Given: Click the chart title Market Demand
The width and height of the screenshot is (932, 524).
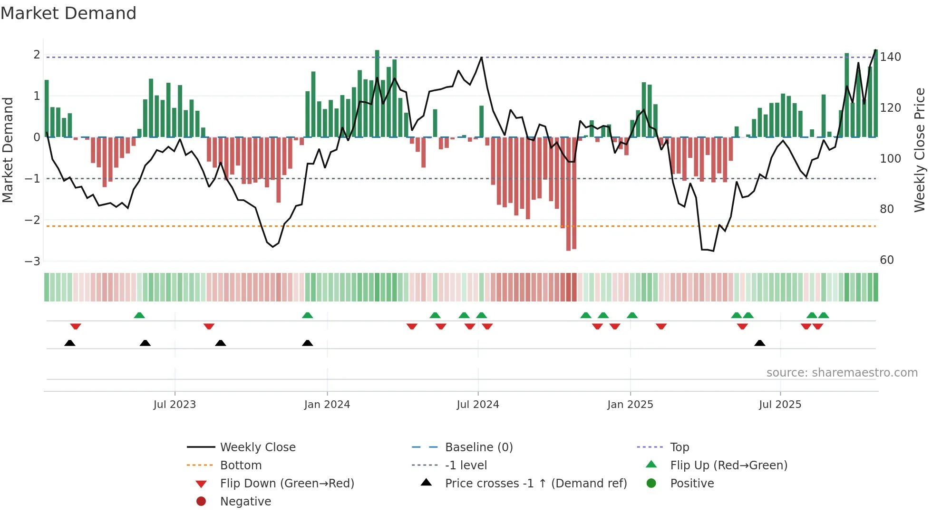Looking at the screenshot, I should [x=68, y=13].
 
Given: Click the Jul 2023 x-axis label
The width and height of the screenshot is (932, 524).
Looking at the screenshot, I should [x=175, y=405].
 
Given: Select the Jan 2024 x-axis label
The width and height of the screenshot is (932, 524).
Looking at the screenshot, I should [x=327, y=405].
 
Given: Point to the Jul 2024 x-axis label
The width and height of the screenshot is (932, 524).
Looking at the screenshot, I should [x=478, y=405].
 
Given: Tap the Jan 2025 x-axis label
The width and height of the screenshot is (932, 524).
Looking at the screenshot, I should [x=630, y=405].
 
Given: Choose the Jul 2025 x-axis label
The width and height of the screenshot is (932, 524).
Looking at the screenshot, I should [x=780, y=405].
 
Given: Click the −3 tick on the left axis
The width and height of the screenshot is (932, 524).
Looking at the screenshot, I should [x=33, y=261].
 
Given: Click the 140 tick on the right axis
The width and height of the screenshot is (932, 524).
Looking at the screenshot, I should [x=890, y=57].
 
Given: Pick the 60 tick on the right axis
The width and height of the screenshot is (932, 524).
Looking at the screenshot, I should [x=887, y=260].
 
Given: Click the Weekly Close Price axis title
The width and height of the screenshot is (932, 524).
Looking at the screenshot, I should [x=920, y=150].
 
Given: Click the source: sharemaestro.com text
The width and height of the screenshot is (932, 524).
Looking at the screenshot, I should [x=842, y=373].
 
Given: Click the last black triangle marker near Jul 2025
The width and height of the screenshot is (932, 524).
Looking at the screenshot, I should [x=760, y=343].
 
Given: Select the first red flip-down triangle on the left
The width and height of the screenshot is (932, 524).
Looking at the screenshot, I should [x=76, y=326].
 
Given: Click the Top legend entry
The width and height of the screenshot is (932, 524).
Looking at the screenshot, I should [x=679, y=447].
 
